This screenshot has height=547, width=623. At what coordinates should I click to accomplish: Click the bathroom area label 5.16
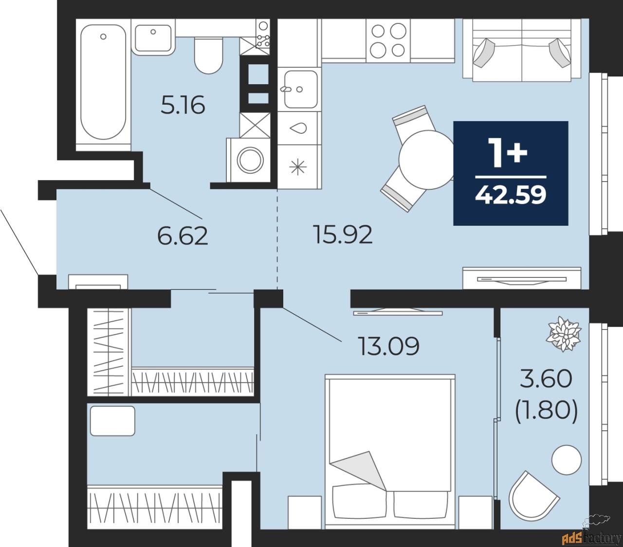pyautogui.click(x=183, y=105)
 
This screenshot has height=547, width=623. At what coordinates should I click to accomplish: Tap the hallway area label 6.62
pyautogui.click(x=183, y=236)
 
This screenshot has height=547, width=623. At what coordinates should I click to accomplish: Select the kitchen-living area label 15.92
pyautogui.click(x=343, y=234)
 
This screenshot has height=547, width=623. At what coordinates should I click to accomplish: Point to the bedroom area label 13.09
pyautogui.click(x=389, y=346)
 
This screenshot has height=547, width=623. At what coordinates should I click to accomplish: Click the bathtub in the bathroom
pyautogui.click(x=103, y=82)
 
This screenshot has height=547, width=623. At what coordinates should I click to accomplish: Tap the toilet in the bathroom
pyautogui.click(x=208, y=55)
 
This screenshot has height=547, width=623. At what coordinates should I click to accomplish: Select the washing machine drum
pyautogui.click(x=250, y=160)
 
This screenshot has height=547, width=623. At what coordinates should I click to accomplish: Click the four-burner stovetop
pyautogui.click(x=388, y=40)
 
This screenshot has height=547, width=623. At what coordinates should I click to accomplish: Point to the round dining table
pyautogui.click(x=427, y=160)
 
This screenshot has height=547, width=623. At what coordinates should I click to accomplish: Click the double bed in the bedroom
pyautogui.click(x=389, y=452)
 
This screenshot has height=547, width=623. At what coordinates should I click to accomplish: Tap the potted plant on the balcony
pyautogui.click(x=564, y=334)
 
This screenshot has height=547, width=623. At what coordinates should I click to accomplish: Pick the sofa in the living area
pyautogui.click(x=522, y=50)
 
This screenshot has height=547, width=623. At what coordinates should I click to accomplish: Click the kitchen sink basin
pyautogui.click(x=300, y=89)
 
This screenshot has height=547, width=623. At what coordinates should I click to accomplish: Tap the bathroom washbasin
pyautogui.click(x=153, y=38)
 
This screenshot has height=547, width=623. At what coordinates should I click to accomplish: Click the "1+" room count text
pyautogui.click(x=510, y=153)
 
